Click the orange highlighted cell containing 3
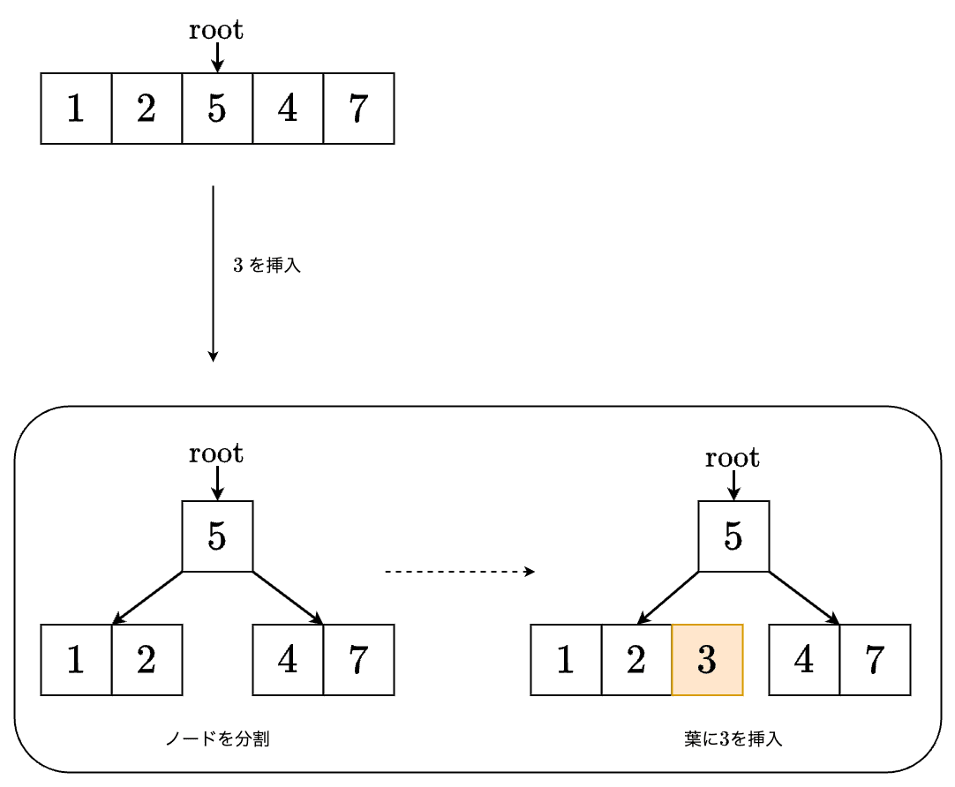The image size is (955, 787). tap(707, 660)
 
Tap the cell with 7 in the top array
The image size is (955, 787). tap(358, 109)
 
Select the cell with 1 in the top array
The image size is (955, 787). tap(76, 109)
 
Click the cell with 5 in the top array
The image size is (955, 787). tap(217, 109)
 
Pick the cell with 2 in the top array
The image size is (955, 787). tap(147, 109)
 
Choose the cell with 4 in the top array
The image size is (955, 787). tap(288, 109)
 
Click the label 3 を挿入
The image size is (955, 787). tap(267, 266)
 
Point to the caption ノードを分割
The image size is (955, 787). tap(217, 739)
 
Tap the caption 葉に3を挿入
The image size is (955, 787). tap(733, 739)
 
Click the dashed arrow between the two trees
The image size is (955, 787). tap(459, 572)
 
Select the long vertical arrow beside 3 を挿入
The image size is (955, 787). tap(213, 274)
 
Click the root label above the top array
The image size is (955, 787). tap(216, 31)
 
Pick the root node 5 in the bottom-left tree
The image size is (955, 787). tap(217, 536)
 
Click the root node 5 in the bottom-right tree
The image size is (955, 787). tap(733, 536)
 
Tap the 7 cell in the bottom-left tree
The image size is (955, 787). tap(358, 660)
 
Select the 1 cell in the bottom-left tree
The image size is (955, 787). tap(76, 660)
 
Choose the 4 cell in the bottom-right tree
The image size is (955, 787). tap(804, 660)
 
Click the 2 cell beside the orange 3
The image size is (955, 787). tap(636, 660)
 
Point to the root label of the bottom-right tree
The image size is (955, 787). tap(733, 459)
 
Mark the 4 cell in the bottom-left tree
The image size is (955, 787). tap(288, 660)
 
